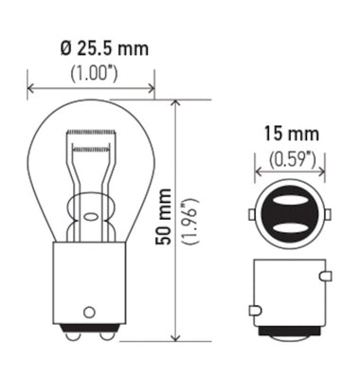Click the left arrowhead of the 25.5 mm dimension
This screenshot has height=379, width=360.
click(32, 90)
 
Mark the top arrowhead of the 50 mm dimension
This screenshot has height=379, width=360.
click(176, 102)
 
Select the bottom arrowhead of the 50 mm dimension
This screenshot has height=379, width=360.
click(176, 336)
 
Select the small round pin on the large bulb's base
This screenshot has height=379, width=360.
click(89, 310)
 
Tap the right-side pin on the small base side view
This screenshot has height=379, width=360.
click(325, 277)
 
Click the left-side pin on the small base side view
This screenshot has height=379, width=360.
click(253, 309)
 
